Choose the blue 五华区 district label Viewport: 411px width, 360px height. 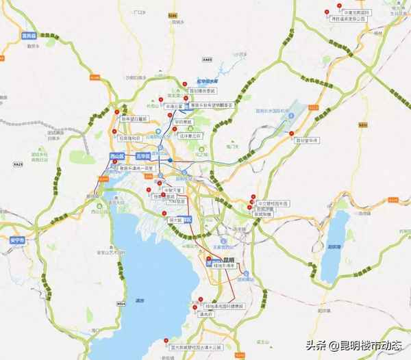[x=142, y=157]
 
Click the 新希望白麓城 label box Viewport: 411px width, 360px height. [x=134, y=118]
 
